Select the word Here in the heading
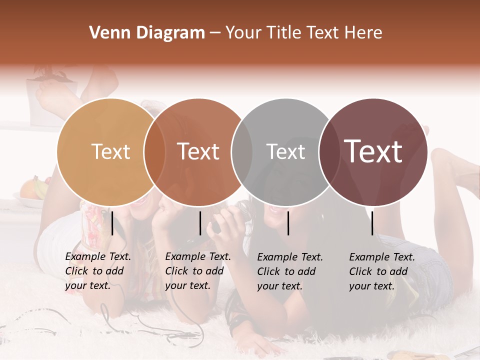(x=364, y=33)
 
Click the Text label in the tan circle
(x=110, y=151)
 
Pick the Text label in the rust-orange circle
(x=198, y=151)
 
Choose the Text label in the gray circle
(x=285, y=151)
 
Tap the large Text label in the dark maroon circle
(x=373, y=151)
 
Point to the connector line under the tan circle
(x=112, y=223)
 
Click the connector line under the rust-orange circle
(x=200, y=223)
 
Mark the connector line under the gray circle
(x=288, y=223)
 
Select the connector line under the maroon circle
(x=372, y=223)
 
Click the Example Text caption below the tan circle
(x=97, y=271)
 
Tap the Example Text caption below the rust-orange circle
(x=197, y=271)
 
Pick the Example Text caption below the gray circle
(x=289, y=271)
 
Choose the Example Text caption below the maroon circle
(x=381, y=271)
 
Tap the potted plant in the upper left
(x=50, y=85)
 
